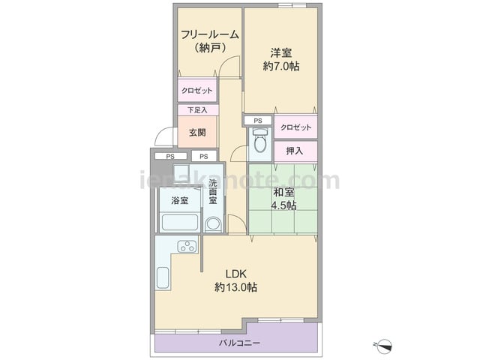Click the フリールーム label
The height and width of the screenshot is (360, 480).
pyautogui.click(x=210, y=34)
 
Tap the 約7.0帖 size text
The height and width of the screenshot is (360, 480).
pyautogui.click(x=281, y=66)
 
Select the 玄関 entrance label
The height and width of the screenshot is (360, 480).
pyautogui.click(x=197, y=133)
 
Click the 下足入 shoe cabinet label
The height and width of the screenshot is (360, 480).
pyautogui.click(x=197, y=109)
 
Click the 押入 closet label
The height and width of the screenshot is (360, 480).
pyautogui.click(x=295, y=151)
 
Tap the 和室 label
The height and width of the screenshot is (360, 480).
pyautogui.click(x=283, y=192)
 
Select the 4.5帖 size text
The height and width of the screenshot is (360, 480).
pyautogui.click(x=283, y=205)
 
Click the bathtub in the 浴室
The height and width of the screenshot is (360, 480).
pyautogui.click(x=180, y=222)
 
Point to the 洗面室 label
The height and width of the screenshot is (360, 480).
pyautogui.click(x=213, y=191)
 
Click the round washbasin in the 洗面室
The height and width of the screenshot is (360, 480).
pyautogui.click(x=213, y=223)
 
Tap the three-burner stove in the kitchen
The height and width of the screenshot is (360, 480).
pyautogui.click(x=187, y=246)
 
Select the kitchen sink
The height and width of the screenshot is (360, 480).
pyautogui.click(x=163, y=277)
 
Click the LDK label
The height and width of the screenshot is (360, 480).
pyautogui.click(x=236, y=273)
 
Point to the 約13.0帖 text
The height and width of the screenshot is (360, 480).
pyautogui.click(x=235, y=287)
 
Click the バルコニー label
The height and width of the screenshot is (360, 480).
pyautogui.click(x=239, y=343)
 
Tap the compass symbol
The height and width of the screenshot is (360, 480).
pyautogui.click(x=385, y=345)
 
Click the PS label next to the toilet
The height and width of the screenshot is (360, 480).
pyautogui.click(x=258, y=121)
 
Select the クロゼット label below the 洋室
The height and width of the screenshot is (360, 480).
pyautogui.click(x=295, y=127)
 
